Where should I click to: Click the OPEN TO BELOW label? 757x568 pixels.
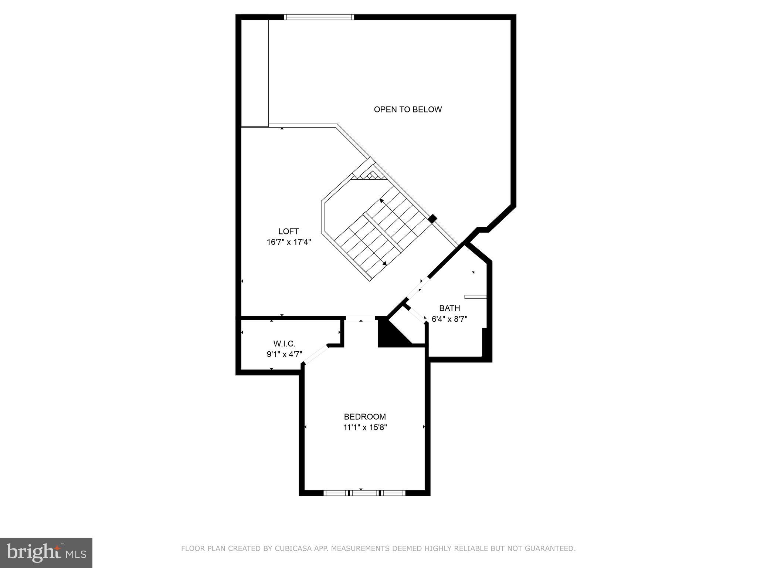408,109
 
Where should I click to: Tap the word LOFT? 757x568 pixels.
288,231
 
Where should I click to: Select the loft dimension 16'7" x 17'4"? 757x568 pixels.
289,242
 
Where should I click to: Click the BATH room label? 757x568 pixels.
449,308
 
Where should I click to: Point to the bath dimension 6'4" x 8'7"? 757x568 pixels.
449,319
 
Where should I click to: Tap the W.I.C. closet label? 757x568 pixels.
284,344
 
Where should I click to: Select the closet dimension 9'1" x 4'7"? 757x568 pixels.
284,354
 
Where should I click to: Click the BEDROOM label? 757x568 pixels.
365,417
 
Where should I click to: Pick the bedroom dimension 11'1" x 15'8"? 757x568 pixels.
365,428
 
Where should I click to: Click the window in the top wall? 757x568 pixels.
319,17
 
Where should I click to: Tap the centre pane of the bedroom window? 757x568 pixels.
364,493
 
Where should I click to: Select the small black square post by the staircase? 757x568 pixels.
432,219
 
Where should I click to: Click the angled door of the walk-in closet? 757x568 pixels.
315,355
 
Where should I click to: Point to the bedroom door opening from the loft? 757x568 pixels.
360,318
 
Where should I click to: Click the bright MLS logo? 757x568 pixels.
46,552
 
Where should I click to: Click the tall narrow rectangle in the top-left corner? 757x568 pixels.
255,73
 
